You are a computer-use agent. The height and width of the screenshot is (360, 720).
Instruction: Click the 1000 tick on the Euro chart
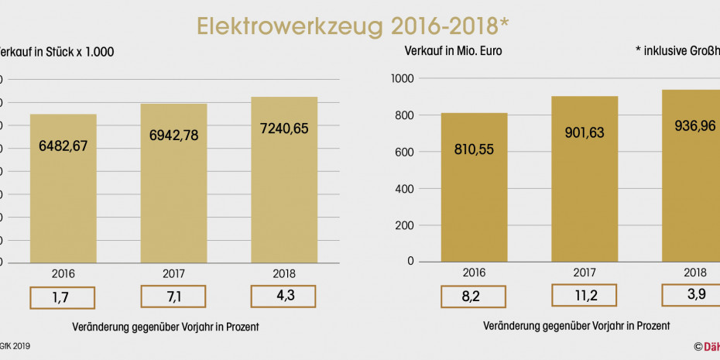pyautogui.click(x=406, y=79)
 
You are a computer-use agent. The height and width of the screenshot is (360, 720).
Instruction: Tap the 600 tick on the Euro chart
pyautogui.click(x=408, y=153)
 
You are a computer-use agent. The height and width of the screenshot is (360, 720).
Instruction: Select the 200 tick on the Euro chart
pyautogui.click(x=408, y=226)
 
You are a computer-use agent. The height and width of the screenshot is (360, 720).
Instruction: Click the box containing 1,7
pyautogui.click(x=63, y=297)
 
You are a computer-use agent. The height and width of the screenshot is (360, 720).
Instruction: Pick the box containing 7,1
pyautogui.click(x=173, y=297)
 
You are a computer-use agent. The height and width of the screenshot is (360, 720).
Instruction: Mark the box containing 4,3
pyautogui.click(x=284, y=297)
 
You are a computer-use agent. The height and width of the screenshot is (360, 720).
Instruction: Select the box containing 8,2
pyautogui.click(x=474, y=297)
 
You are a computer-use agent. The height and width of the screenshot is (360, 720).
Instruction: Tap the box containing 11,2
pyautogui.click(x=585, y=297)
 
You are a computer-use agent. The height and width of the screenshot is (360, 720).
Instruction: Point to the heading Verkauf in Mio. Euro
pyautogui.click(x=454, y=52)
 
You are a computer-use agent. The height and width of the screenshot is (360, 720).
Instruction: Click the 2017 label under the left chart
pyautogui.click(x=173, y=273)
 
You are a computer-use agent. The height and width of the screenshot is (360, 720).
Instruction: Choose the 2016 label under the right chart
pyautogui.click(x=474, y=273)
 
